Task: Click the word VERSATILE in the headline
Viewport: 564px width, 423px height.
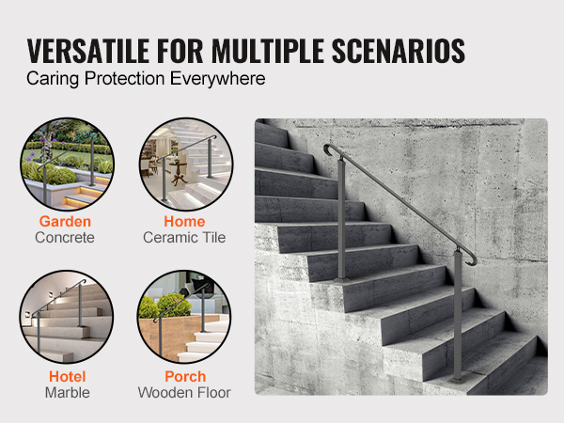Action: [x=88, y=51]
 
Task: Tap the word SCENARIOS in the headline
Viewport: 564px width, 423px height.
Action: [x=399, y=51]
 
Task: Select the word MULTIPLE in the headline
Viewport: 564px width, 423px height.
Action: [x=268, y=51]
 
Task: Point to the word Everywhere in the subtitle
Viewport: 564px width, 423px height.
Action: [x=218, y=79]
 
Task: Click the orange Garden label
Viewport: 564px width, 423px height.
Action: [x=65, y=222]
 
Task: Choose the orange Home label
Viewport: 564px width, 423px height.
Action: [x=184, y=222]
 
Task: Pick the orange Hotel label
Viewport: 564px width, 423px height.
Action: [x=68, y=377]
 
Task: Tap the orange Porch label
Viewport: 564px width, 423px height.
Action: [x=185, y=377]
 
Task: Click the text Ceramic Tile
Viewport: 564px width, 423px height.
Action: [x=184, y=238]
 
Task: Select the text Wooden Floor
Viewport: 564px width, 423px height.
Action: [x=184, y=393]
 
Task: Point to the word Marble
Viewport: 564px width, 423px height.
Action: [x=68, y=393]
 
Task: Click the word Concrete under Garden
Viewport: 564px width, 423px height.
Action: [x=65, y=238]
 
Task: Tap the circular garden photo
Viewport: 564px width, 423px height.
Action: [x=67, y=164]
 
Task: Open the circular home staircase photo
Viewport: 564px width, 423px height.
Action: [x=186, y=164]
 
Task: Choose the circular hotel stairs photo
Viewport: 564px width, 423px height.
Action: [x=66, y=317]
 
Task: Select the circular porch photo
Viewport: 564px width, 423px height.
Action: [x=184, y=317]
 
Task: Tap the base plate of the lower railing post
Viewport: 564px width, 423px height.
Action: [x=457, y=380]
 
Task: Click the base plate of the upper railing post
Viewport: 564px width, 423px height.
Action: [x=341, y=280]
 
